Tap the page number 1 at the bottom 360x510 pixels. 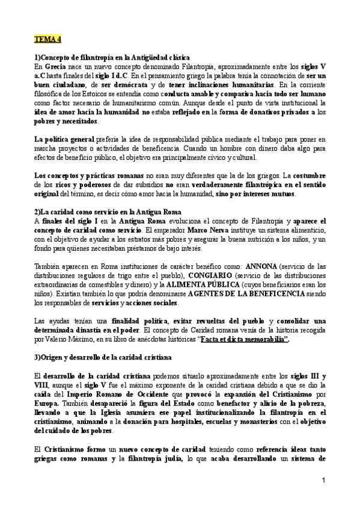tap(323, 481)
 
